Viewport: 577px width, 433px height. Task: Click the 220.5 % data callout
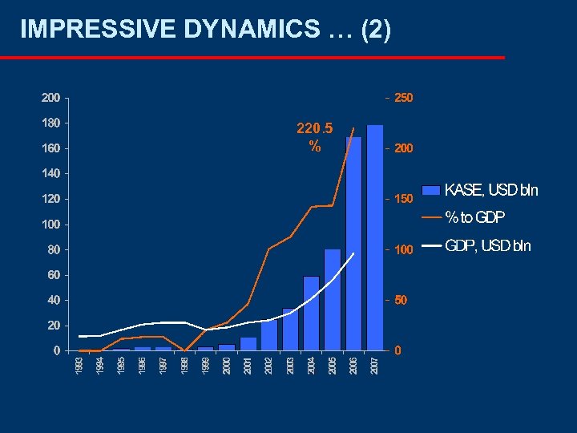(315, 137)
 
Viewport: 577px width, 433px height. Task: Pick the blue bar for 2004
(311, 313)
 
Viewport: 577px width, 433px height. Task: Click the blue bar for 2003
(290, 329)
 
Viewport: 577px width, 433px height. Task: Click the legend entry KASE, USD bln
(491, 190)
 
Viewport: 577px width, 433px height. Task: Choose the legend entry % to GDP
(475, 216)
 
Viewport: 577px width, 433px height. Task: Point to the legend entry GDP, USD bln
(487, 245)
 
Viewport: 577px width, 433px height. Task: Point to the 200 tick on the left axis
(50, 98)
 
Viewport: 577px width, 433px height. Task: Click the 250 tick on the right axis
(404, 98)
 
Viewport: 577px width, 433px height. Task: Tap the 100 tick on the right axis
(404, 249)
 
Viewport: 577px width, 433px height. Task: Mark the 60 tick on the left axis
(53, 275)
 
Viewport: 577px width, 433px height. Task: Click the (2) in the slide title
(376, 30)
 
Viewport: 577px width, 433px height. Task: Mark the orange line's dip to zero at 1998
(185, 350)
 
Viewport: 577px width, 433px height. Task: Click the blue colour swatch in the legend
(431, 190)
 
